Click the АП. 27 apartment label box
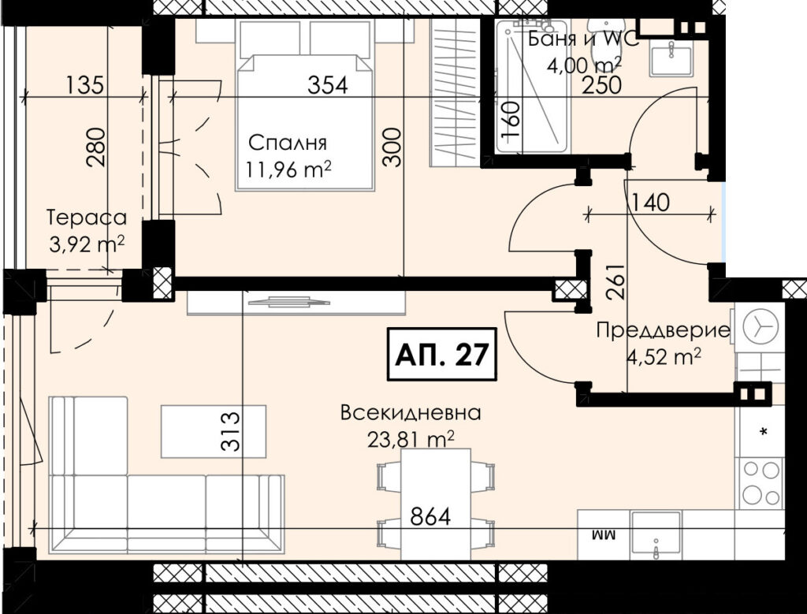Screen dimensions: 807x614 click(x=441, y=354)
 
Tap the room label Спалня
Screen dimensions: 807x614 click(x=287, y=143)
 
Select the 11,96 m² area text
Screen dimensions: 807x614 click(x=288, y=169)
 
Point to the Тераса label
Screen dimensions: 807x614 click(x=87, y=218)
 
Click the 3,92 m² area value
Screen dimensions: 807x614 click(x=87, y=244)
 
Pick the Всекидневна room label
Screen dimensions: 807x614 click(x=411, y=413)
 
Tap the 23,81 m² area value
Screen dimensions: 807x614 click(x=411, y=439)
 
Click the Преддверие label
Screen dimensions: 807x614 click(x=664, y=331)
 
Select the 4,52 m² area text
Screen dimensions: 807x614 click(x=664, y=356)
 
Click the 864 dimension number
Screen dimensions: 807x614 click(x=430, y=516)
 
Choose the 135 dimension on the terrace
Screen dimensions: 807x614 click(x=85, y=84)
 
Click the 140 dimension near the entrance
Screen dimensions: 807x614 click(x=650, y=202)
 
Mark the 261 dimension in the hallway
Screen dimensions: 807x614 click(x=615, y=282)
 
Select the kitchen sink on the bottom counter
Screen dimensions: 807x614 click(x=656, y=535)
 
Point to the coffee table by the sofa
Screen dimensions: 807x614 click(x=214, y=431)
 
